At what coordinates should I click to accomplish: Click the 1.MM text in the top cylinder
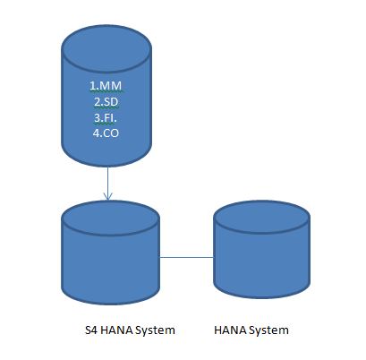(106, 86)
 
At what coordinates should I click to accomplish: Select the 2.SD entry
(106, 102)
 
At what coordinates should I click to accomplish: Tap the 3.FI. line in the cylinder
(106, 118)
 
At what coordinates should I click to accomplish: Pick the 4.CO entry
(106, 133)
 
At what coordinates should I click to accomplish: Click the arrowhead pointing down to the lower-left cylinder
(107, 196)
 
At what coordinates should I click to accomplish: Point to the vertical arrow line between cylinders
(107, 184)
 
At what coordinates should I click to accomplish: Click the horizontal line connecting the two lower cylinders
(187, 257)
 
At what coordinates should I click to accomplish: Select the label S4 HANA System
(130, 330)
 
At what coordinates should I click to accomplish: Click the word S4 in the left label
(91, 330)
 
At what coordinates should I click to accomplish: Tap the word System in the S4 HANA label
(155, 330)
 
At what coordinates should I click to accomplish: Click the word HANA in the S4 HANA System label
(116, 330)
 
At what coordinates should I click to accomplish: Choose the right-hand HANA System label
(251, 330)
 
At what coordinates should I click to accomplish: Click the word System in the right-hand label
(268, 330)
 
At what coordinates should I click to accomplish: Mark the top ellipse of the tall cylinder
(106, 49)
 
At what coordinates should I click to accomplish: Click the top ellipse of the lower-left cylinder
(110, 218)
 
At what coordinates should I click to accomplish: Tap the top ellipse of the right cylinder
(262, 217)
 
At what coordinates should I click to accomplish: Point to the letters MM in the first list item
(111, 86)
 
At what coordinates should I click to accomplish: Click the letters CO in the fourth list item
(110, 133)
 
